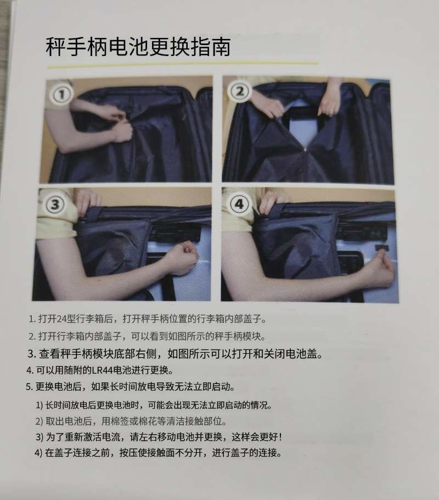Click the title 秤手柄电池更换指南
point(138,47)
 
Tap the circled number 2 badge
point(239,92)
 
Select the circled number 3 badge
point(55,205)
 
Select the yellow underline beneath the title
point(181,64)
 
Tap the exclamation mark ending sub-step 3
point(280,437)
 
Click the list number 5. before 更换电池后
point(30,386)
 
